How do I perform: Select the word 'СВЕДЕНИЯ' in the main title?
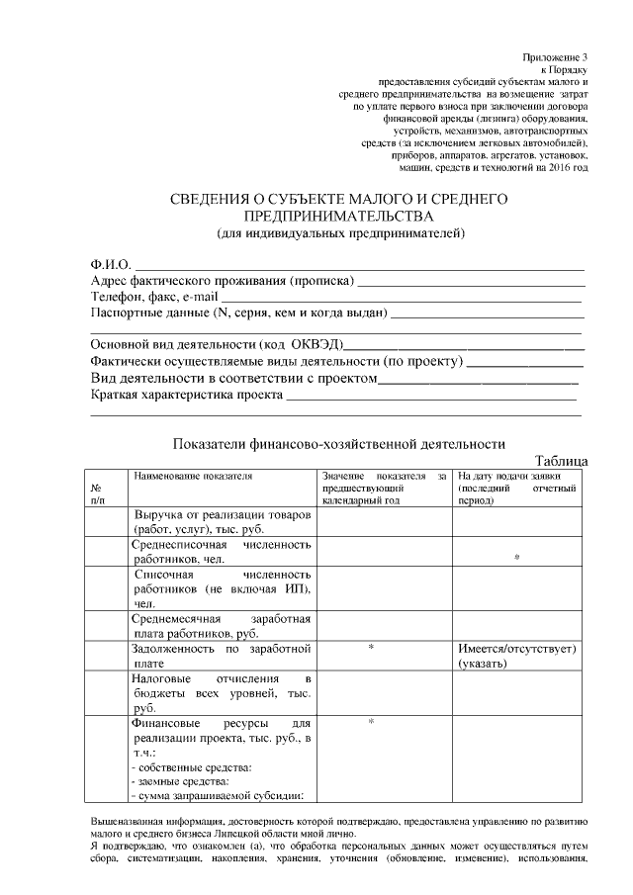pyautogui.click(x=217, y=199)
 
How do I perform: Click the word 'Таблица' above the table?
pyautogui.click(x=561, y=461)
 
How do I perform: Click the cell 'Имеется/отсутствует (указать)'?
pyautogui.click(x=517, y=656)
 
